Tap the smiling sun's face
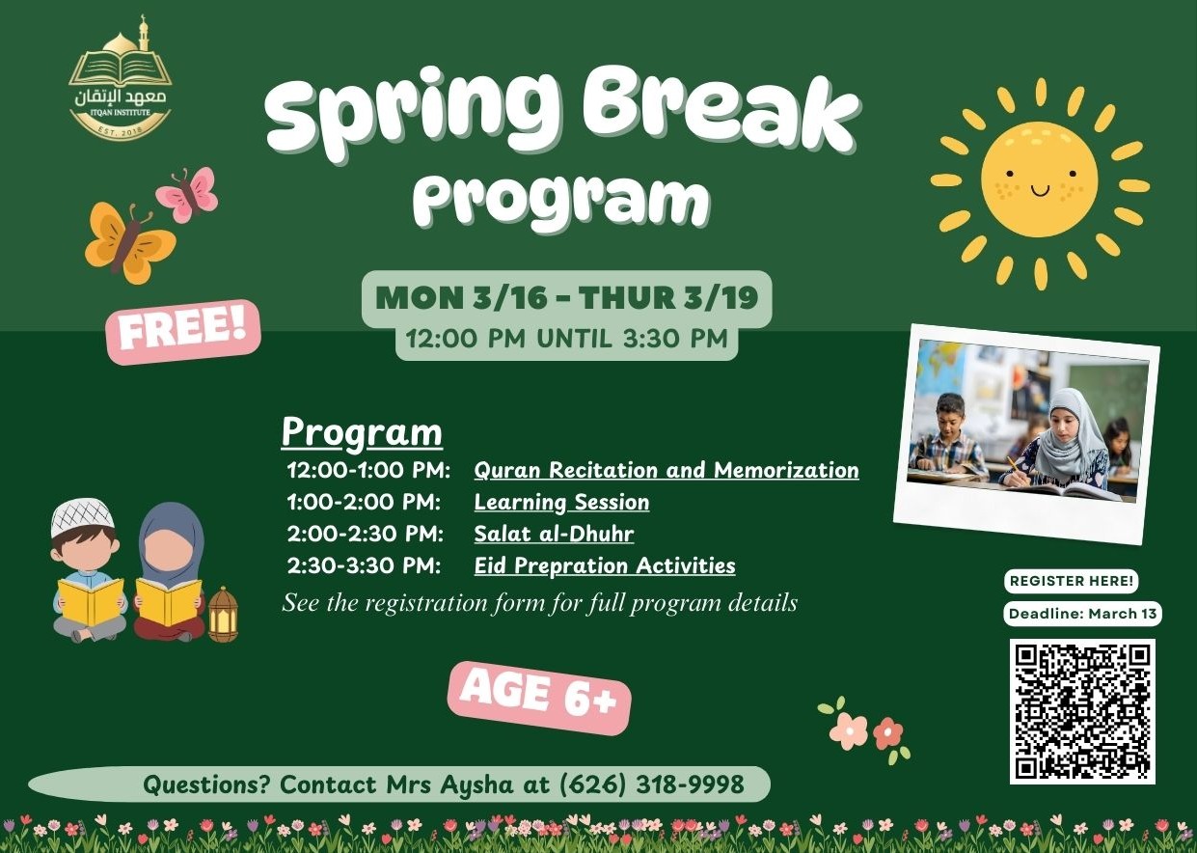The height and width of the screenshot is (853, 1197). click(1039, 179)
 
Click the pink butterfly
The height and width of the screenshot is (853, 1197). click(189, 193)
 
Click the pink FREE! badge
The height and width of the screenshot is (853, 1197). click(182, 331)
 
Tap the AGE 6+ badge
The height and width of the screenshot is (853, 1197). click(538, 696)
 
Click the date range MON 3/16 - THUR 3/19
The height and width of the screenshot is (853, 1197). click(566, 298)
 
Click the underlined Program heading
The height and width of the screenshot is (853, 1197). click(362, 433)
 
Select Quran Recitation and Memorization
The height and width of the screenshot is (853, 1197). click(666, 470)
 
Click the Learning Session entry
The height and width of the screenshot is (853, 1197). click(561, 502)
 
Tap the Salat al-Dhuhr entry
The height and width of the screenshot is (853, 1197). click(554, 534)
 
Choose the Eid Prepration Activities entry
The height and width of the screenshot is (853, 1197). click(604, 565)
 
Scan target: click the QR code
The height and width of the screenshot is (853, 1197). click(1081, 710)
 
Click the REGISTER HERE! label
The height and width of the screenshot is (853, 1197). click(1072, 582)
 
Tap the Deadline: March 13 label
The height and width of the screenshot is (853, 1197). click(1082, 614)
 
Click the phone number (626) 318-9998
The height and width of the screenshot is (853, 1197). click(651, 784)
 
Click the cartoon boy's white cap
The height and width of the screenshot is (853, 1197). click(82, 516)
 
